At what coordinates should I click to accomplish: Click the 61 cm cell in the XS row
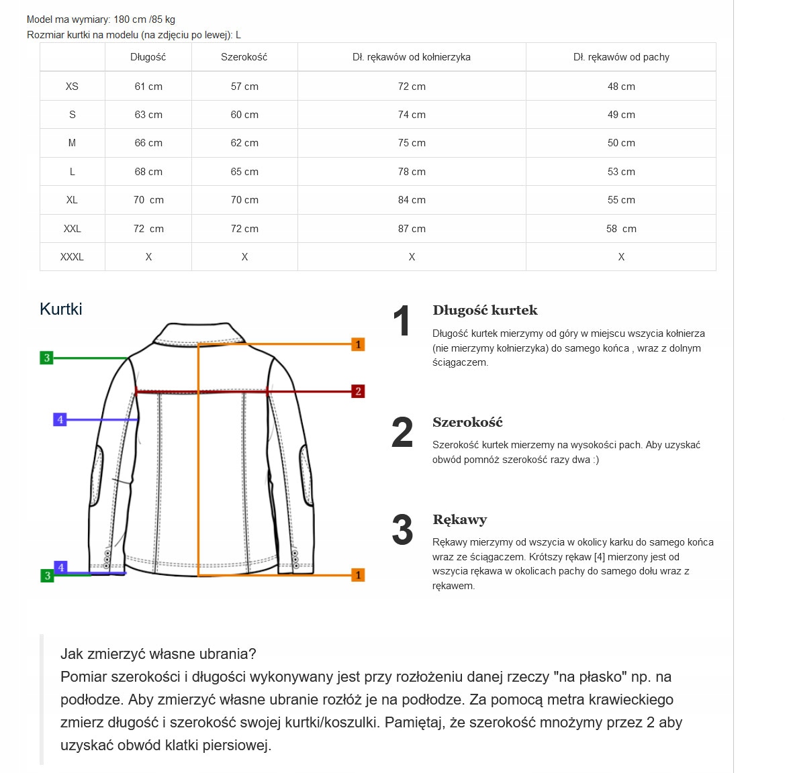tap(148, 87)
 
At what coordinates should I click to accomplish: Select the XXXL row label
tap(72, 257)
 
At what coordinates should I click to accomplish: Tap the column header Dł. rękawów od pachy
tap(621, 57)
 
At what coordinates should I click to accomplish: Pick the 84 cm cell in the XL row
tap(412, 200)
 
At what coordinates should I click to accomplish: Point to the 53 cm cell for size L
tap(621, 172)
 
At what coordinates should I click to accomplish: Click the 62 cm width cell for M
tap(244, 143)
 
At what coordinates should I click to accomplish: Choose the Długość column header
tap(148, 57)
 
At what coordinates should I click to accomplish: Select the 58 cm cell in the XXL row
tap(621, 229)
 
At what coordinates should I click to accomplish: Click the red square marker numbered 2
tap(358, 391)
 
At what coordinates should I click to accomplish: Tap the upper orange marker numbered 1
tap(358, 344)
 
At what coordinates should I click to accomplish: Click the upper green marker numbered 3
tap(47, 358)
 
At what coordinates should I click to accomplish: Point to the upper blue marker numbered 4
tap(60, 420)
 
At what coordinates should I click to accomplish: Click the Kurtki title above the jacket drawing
tap(61, 309)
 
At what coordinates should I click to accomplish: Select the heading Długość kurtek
tap(485, 311)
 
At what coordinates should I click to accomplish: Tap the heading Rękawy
tap(460, 520)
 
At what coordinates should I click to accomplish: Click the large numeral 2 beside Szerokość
tap(402, 433)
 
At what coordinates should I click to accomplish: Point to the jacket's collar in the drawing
tap(199, 334)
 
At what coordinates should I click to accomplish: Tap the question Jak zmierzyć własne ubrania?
tap(158, 654)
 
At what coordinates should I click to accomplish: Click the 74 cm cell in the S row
tap(412, 115)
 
